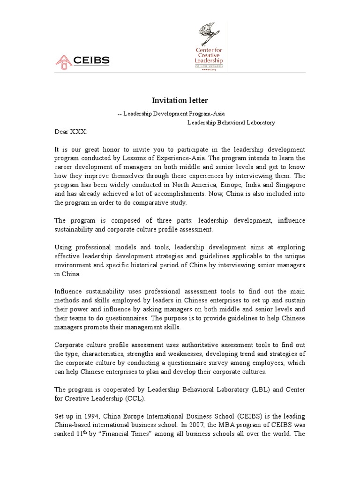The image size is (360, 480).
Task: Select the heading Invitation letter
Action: (173, 100)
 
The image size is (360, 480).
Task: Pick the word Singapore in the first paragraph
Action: (291, 185)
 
